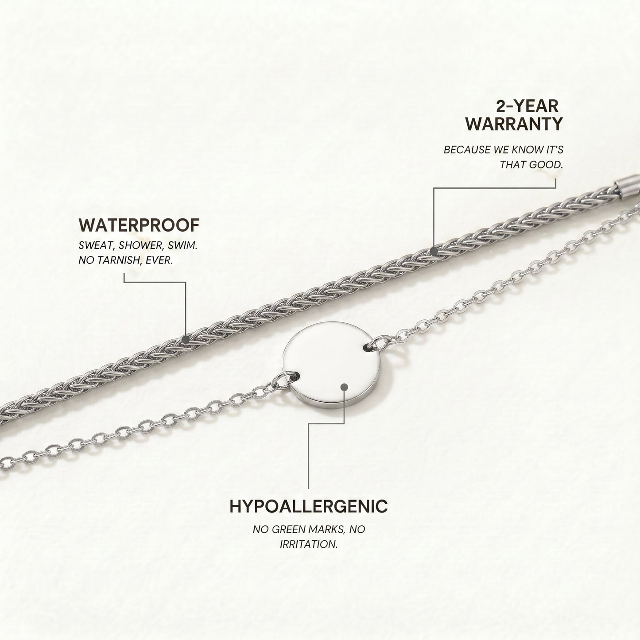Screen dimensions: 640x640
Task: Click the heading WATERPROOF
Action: click(x=139, y=225)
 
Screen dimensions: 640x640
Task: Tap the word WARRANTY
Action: click(x=514, y=124)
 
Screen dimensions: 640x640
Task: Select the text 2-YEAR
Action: click(x=527, y=106)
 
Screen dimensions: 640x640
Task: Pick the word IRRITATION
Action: click(x=309, y=544)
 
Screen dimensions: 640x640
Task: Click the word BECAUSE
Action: click(x=467, y=150)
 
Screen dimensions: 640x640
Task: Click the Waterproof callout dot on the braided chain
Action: click(x=186, y=339)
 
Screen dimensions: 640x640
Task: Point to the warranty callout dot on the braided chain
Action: click(x=433, y=251)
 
